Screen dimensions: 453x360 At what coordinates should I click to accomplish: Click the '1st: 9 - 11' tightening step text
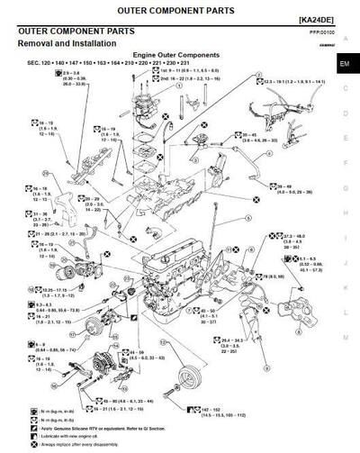point(180,94)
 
